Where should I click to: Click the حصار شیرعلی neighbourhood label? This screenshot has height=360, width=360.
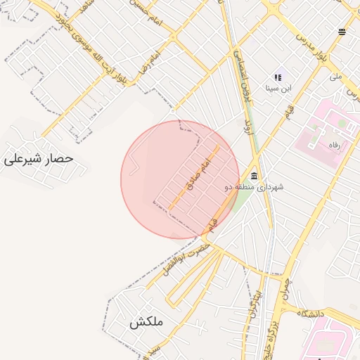point(39,159)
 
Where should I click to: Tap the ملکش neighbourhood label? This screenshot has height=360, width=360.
point(146,323)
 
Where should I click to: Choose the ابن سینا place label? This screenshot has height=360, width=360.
point(278,89)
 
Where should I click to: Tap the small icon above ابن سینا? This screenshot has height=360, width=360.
point(278,77)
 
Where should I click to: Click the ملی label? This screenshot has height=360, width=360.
point(336,76)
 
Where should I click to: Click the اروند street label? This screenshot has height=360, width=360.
point(247,127)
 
